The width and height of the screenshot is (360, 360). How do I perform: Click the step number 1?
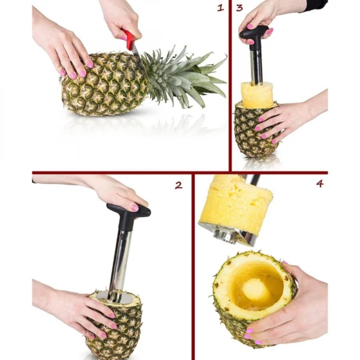pyautogui.click(x=220, y=8)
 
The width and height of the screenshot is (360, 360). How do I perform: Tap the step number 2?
pyautogui.click(x=179, y=185)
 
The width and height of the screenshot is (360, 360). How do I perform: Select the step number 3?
pyautogui.click(x=239, y=8)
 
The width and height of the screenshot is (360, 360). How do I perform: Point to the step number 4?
pyautogui.click(x=320, y=183)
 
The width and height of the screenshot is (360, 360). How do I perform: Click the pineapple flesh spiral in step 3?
pyautogui.click(x=257, y=95)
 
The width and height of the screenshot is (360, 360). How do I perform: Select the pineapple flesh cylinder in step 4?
pyautogui.click(x=236, y=202)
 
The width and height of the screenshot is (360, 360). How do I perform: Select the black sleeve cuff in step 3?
pyautogui.click(x=314, y=5)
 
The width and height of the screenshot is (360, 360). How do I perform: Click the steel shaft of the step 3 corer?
pyautogui.click(x=256, y=67)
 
